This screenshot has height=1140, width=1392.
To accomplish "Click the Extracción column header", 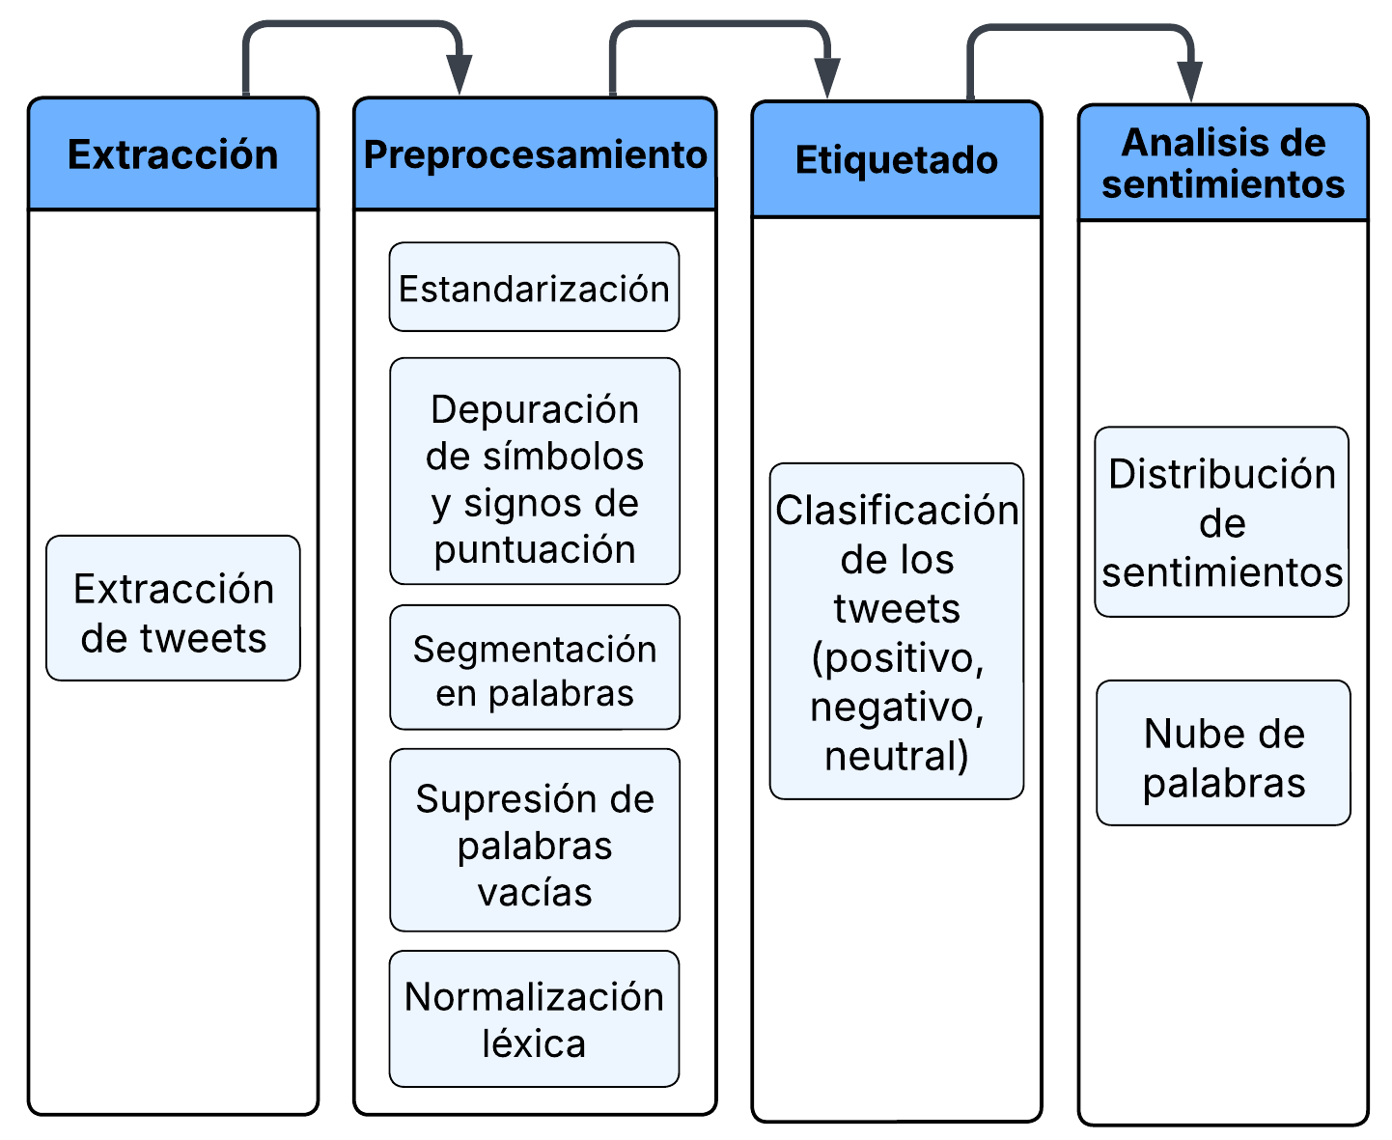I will tap(173, 154).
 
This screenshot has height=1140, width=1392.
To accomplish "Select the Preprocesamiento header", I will tap(535, 154).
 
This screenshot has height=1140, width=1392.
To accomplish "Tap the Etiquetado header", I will tap(896, 160).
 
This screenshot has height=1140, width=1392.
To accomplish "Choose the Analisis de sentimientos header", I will tap(1223, 163).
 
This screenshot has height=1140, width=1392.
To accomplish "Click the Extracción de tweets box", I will tap(173, 608).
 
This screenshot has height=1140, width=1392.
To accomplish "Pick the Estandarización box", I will tap(534, 288).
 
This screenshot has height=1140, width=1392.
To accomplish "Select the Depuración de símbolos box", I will tap(534, 471).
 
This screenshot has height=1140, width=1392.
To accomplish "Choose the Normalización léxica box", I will tap(534, 1019).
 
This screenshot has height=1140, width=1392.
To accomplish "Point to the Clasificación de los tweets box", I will tap(896, 631).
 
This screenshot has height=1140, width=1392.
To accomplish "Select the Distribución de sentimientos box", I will tap(1221, 522).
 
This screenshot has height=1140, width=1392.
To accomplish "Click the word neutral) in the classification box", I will tap(896, 756).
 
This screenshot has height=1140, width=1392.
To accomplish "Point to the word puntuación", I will tap(534, 549).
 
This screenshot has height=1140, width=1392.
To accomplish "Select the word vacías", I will tap(534, 892).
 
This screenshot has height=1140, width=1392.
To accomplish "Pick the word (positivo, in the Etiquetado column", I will tap(897, 658).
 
